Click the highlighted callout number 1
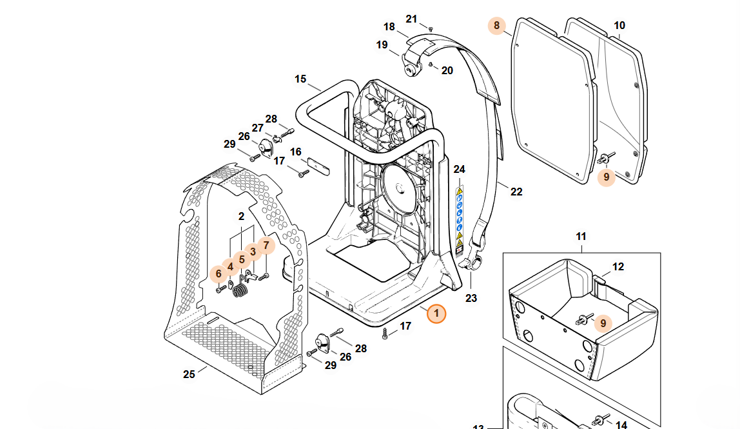(436, 314)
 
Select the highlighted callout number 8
(496, 26)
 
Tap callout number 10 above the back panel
(619, 26)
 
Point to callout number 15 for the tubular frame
(300, 79)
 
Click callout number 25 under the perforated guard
(188, 374)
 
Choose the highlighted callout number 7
(266, 245)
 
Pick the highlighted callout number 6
(219, 274)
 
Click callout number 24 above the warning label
(459, 170)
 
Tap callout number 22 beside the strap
(516, 192)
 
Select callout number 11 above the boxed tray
(581, 237)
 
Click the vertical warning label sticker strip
(460, 219)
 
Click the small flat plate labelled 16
(317, 165)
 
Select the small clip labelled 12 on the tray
(598, 280)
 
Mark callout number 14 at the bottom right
(621, 425)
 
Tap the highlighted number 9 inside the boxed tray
(603, 323)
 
